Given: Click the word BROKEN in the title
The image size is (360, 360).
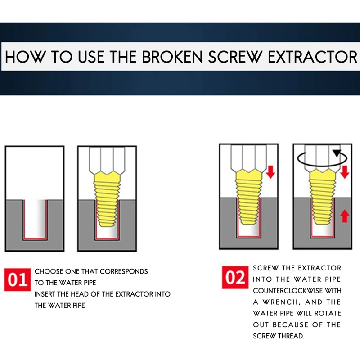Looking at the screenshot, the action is point(172,57).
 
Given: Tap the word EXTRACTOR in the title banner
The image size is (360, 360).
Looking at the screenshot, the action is point(312,57).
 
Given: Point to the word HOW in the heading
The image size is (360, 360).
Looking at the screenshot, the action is point(24,57).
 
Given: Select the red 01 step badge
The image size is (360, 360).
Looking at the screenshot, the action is point(18,279).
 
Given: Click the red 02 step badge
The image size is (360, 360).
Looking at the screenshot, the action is point(235,277).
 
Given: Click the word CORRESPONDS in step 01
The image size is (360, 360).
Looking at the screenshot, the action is point(124,271).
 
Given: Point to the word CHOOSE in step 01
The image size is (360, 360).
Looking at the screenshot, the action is point(49,271).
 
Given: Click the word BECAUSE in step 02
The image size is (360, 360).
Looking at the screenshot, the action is point(290,324).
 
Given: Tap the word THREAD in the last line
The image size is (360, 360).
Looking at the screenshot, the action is point(291,336).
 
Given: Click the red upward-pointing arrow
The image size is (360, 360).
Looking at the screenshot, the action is point(344,216).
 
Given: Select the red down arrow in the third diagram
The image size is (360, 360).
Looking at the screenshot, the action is point(271,172).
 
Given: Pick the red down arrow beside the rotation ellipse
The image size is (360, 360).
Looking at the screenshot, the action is point(344,172).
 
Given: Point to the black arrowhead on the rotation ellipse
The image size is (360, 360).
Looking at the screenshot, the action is point(337,153).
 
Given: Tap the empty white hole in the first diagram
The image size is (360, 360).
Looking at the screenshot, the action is point(35,219).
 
